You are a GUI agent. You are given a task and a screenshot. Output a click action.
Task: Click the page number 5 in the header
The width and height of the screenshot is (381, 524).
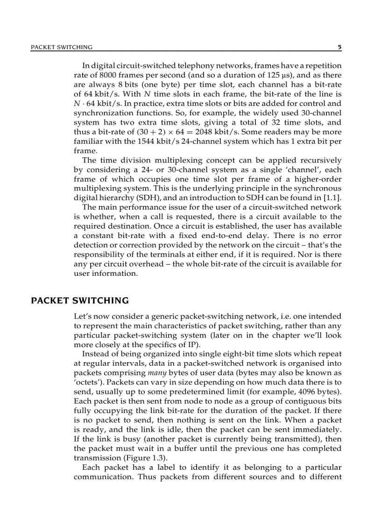tap(339, 47)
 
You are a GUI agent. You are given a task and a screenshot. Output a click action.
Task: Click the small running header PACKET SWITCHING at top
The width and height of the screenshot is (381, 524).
tap(62, 47)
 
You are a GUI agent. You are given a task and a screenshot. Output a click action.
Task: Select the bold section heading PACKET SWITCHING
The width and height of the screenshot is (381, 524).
tap(79, 300)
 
